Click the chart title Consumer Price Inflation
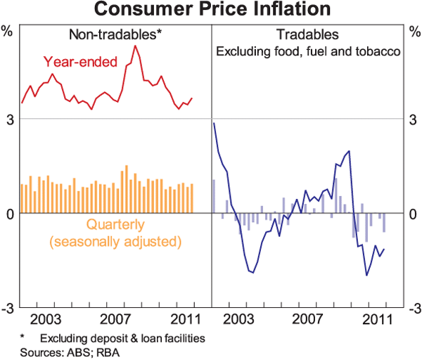pos(212,10)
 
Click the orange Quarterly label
pos(115,226)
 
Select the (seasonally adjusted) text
pos(115,242)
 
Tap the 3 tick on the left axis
pos(8,119)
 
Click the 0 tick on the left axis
pos(8,214)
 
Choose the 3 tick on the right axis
pos(415,119)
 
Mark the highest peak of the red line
pos(134,46)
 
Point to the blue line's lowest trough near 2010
pos(366,275)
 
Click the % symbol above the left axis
pos(8,30)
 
